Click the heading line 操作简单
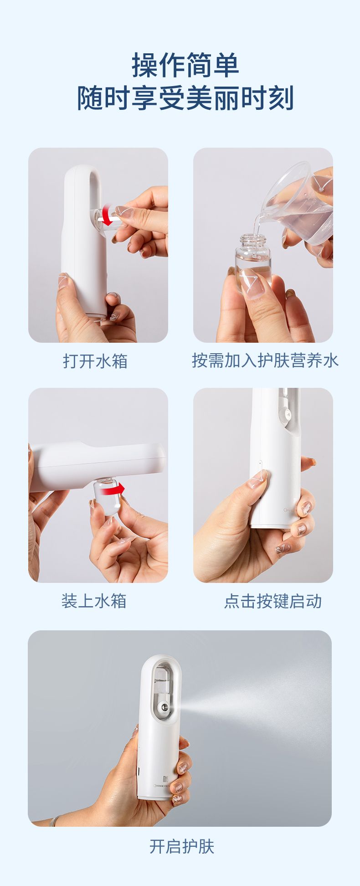185,65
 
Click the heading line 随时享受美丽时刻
185,98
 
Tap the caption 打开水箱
95,361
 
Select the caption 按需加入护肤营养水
265,360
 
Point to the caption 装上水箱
94,601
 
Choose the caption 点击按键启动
273,601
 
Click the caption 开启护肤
182,846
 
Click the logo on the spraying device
166,779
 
